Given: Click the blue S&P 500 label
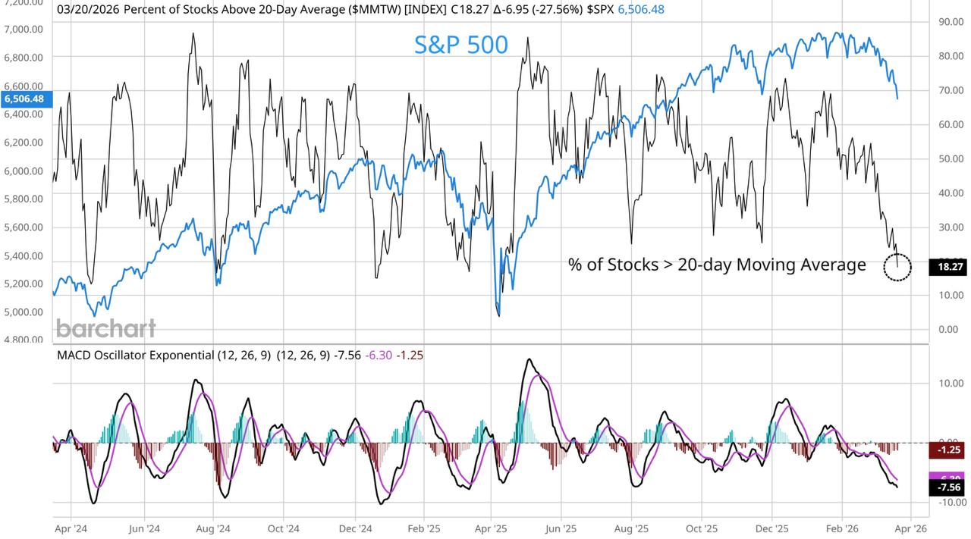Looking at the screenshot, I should (460, 45).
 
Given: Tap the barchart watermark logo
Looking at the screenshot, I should (105, 328).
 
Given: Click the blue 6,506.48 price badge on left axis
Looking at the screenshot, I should (25, 99).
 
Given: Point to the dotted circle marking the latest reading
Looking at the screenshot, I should (897, 268).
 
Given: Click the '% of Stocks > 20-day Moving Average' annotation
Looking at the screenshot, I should (716, 265).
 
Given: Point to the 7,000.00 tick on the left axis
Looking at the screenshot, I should (24, 29).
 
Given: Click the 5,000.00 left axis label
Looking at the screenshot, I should (24, 312).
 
